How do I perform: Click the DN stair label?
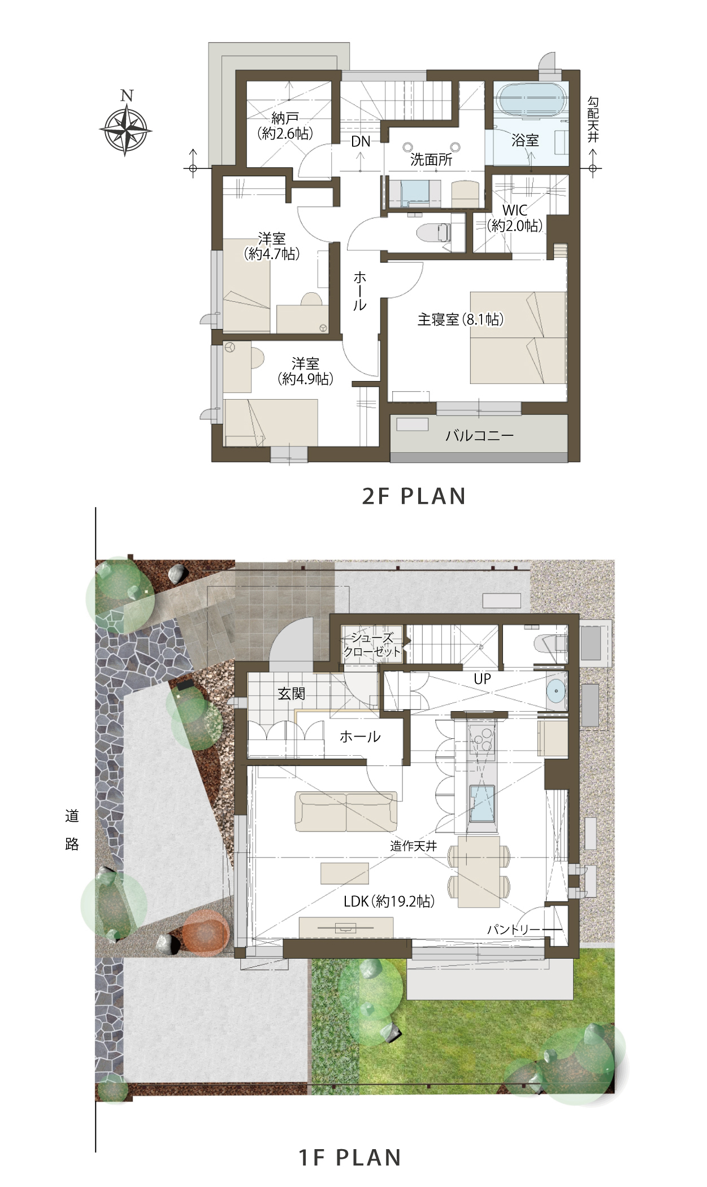(361, 141)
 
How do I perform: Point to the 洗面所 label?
(431, 159)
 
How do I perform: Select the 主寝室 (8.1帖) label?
(461, 319)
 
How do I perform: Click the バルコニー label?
(479, 435)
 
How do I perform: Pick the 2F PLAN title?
(414, 496)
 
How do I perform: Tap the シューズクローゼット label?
(372, 645)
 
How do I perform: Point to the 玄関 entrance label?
(291, 693)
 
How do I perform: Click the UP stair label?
(482, 679)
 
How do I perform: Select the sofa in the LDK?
(346, 812)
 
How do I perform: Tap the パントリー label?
(514, 929)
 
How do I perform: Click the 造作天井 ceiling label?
(414, 846)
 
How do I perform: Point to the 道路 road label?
(72, 830)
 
